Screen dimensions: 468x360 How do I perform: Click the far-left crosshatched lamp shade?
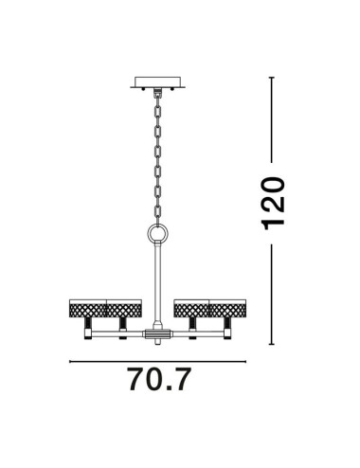(87, 307)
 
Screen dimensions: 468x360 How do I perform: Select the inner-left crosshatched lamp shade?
(124, 307)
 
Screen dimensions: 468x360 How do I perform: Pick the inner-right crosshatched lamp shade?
(190, 307)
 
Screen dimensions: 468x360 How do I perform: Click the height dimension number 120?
(272, 202)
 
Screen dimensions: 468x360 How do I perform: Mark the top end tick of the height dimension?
(272, 77)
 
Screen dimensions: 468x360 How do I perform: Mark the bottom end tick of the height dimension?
(272, 343)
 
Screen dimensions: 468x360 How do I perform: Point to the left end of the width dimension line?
(70, 361)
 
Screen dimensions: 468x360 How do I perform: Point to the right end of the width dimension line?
(243, 361)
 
